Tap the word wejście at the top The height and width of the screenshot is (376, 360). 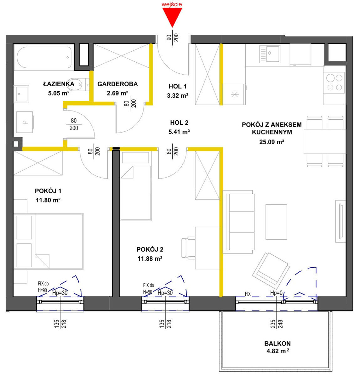[172, 4]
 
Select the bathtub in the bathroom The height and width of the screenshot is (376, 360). [44, 57]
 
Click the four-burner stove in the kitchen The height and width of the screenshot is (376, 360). [334, 82]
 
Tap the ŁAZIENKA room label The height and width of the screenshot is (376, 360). [59, 84]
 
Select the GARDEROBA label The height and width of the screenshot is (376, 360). [117, 84]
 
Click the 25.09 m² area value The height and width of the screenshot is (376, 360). [272, 142]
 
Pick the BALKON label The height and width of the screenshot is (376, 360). [277, 343]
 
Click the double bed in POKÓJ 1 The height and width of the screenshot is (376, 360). [48, 241]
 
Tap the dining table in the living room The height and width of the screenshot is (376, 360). [325, 141]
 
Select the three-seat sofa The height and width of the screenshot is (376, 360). [238, 222]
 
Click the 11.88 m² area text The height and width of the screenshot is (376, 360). [150, 259]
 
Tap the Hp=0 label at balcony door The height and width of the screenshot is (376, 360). [276, 293]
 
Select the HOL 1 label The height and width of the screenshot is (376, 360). [177, 86]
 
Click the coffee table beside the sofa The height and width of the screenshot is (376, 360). [276, 222]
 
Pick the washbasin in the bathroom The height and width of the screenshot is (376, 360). [21, 94]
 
